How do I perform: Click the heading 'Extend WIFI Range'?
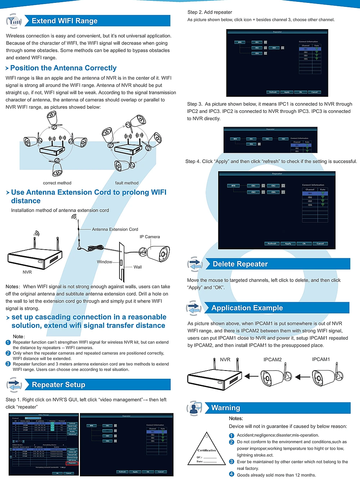64,21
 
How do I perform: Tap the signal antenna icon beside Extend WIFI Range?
14,21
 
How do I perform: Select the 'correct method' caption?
57,183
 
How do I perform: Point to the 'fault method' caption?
127,183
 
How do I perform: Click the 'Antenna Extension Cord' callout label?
115,229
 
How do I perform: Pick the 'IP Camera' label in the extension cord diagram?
150,237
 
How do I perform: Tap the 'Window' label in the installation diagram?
104,262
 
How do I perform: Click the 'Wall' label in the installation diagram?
138,267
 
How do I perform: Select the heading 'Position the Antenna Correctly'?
63,68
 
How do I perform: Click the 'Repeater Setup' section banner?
59,385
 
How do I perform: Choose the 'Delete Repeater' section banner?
240,264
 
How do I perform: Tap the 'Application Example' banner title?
247,308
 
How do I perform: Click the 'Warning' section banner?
226,408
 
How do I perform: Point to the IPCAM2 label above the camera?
273,359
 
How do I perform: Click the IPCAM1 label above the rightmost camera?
321,359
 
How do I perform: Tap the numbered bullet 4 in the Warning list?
231,474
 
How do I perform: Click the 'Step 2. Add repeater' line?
210,12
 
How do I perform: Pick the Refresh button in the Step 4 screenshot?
272,244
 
